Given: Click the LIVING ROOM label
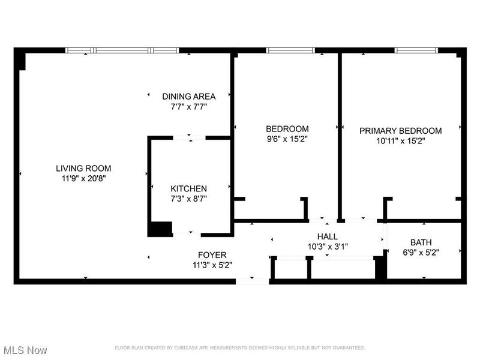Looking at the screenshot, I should pos(83,169).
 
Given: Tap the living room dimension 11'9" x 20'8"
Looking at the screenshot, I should pos(83,178).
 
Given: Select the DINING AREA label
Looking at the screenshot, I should pos(189,96).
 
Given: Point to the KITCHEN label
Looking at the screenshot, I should pos(189,188).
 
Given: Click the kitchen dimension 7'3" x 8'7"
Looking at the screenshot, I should pos(189,198).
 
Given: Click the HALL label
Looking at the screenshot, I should pos(328,236).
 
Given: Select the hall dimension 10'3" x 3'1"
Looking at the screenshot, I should pos(328,246).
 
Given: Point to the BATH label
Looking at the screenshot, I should pos(422,243).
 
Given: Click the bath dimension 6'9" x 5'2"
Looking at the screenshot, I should pos(422,253).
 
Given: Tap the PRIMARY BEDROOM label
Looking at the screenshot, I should pos(400,131).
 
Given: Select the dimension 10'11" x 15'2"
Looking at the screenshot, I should pos(400,141).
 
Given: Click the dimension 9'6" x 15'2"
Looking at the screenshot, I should pos(287,139).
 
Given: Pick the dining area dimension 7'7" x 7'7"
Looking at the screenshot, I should pos(189,106).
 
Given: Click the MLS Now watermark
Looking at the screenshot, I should pos(25,349).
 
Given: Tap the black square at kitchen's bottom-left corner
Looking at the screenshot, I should pos(160,229).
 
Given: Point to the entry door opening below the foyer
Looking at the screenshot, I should pos(253,280).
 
